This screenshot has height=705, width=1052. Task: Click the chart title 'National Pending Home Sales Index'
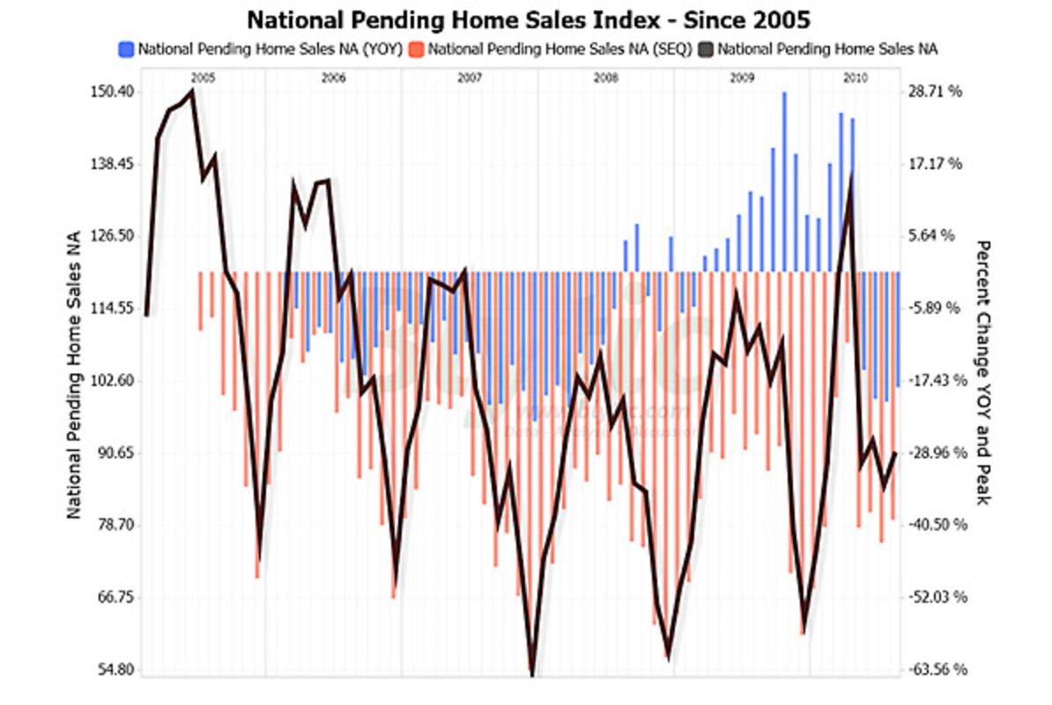(526, 19)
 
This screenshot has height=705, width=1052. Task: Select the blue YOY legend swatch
(125, 49)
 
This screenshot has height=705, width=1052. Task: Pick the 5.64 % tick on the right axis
(937, 236)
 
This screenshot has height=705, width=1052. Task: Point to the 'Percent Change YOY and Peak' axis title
(983, 374)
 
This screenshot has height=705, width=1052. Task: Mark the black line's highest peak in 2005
(192, 91)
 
